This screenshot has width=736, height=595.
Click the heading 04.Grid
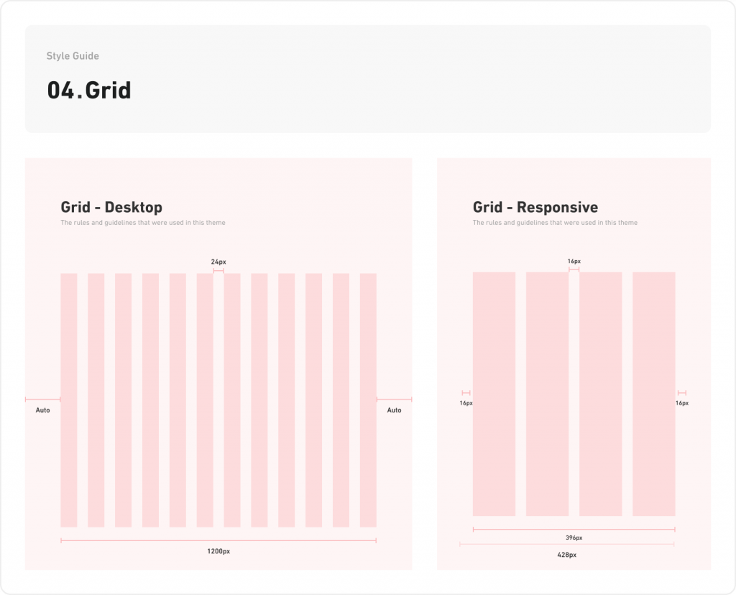click(x=89, y=91)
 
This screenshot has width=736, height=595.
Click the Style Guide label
click(x=73, y=56)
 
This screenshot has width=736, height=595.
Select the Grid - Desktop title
click(x=111, y=207)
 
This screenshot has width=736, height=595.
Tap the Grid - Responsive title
click(x=535, y=207)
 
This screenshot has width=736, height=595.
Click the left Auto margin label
click(x=42, y=410)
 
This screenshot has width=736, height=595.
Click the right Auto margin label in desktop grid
click(x=394, y=410)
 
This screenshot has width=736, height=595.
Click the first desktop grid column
click(x=69, y=400)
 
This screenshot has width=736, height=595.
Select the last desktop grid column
click(x=368, y=400)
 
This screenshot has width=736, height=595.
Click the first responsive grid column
click(x=494, y=394)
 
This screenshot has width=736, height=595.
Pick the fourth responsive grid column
click(x=653, y=394)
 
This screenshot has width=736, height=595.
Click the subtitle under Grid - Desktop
click(x=143, y=223)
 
